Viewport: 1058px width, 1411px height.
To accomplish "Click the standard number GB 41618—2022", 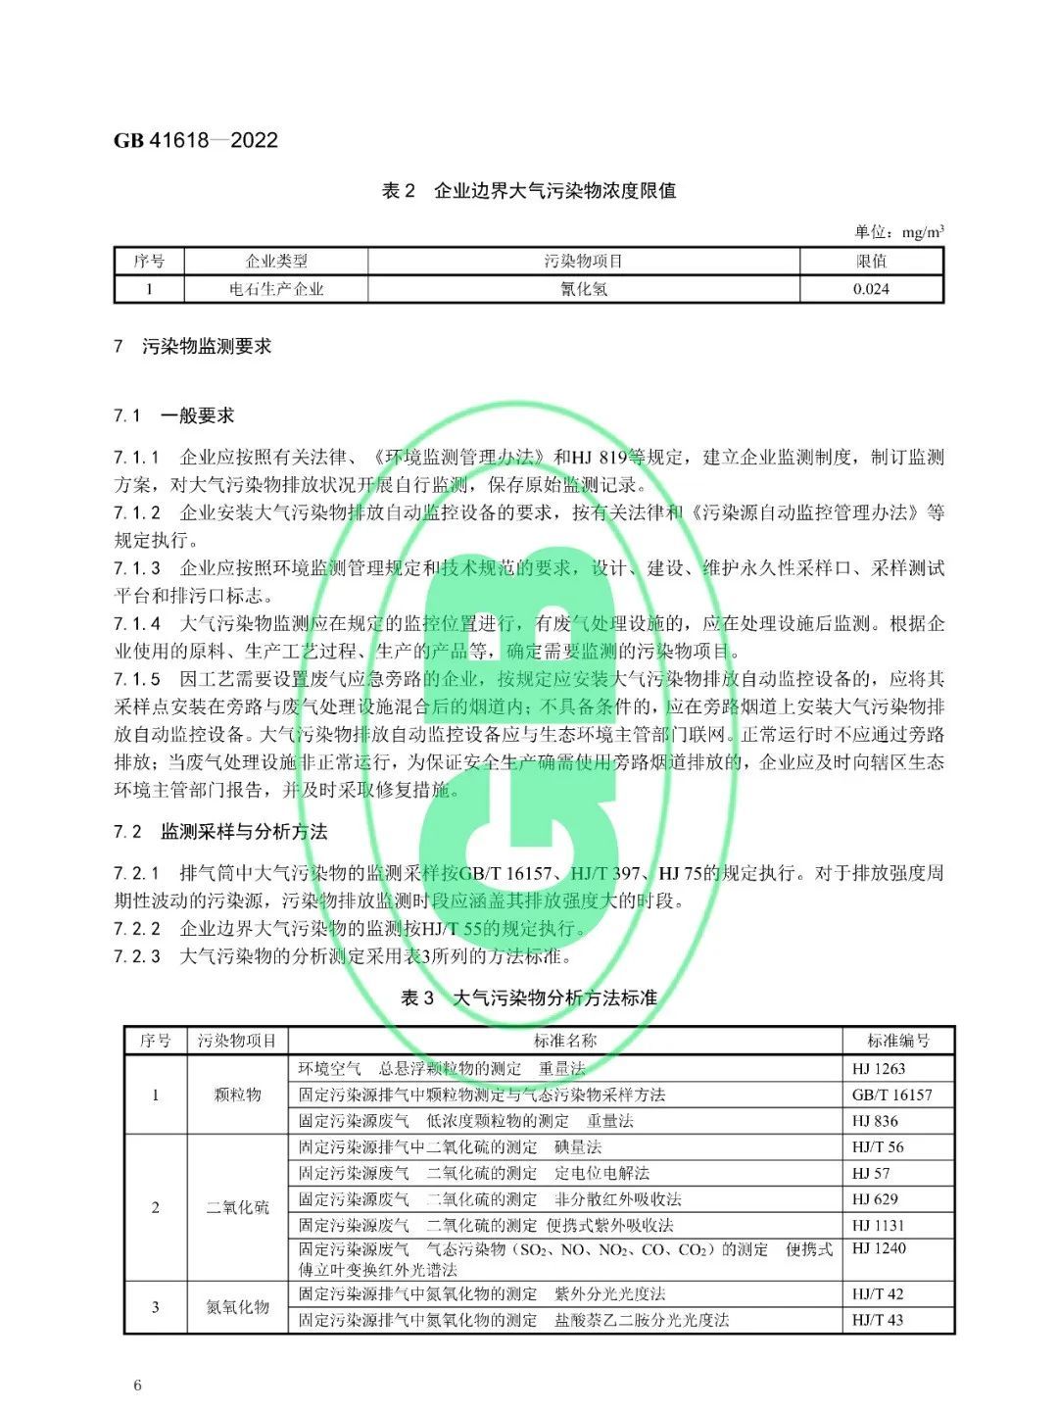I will (x=196, y=140).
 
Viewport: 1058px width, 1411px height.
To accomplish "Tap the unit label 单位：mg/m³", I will (x=898, y=231).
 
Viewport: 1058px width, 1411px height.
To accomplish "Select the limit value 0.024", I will (x=871, y=289).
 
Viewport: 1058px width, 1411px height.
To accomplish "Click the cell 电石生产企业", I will (x=276, y=289).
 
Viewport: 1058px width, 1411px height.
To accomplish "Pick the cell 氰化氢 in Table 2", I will (x=584, y=289).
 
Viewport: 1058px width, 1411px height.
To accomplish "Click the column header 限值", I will (x=871, y=261).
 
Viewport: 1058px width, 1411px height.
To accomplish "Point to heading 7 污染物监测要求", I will (x=193, y=346).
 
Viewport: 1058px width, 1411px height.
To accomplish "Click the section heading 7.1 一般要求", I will (x=174, y=415).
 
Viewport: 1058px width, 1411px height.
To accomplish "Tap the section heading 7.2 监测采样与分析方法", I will (x=220, y=832).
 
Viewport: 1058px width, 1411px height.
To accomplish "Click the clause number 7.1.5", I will (x=137, y=679).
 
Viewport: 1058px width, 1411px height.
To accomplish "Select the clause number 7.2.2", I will (x=137, y=928).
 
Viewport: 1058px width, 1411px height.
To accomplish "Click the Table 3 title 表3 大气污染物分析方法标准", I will (x=528, y=997).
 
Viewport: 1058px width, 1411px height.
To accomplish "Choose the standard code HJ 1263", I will (x=878, y=1069).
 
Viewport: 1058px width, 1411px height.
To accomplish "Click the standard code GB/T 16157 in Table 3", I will (x=891, y=1095).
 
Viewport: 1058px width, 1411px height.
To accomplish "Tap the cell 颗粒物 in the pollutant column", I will (x=238, y=1095).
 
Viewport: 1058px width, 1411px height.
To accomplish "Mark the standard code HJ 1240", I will (x=878, y=1248).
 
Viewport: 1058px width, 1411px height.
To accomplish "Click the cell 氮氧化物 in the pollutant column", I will (x=238, y=1307).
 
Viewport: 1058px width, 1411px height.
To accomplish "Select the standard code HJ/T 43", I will (x=877, y=1320).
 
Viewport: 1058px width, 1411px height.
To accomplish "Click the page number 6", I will (x=138, y=1385).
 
